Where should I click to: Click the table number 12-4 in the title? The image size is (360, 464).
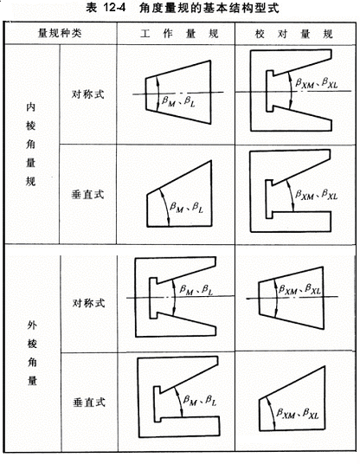tap(114, 8)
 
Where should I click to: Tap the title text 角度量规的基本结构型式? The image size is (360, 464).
tap(209, 8)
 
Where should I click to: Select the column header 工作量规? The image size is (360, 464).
tap(179, 34)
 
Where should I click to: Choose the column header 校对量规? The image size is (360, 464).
tap(294, 34)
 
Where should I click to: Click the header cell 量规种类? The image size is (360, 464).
tap(60, 33)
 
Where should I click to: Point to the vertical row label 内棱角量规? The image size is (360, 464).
tap(31, 144)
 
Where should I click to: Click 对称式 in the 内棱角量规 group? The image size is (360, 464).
tap(88, 94)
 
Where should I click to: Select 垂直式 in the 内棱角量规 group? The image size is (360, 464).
tap(88, 195)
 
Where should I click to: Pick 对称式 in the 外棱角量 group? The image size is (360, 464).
tap(88, 303)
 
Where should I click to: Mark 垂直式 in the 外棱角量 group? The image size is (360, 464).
tap(89, 403)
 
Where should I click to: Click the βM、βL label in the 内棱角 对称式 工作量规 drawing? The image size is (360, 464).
tap(178, 101)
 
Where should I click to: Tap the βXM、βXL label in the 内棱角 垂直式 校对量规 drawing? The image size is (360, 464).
tap(316, 195)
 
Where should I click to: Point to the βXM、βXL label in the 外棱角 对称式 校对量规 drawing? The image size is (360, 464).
tap(299, 288)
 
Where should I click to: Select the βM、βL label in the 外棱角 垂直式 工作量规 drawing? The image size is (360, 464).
tap(200, 401)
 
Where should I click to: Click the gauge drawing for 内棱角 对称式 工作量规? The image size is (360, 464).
tap(178, 92)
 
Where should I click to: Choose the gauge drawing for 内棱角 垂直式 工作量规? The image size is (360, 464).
tap(179, 194)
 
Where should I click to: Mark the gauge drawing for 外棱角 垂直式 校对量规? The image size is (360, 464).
tap(292, 398)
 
